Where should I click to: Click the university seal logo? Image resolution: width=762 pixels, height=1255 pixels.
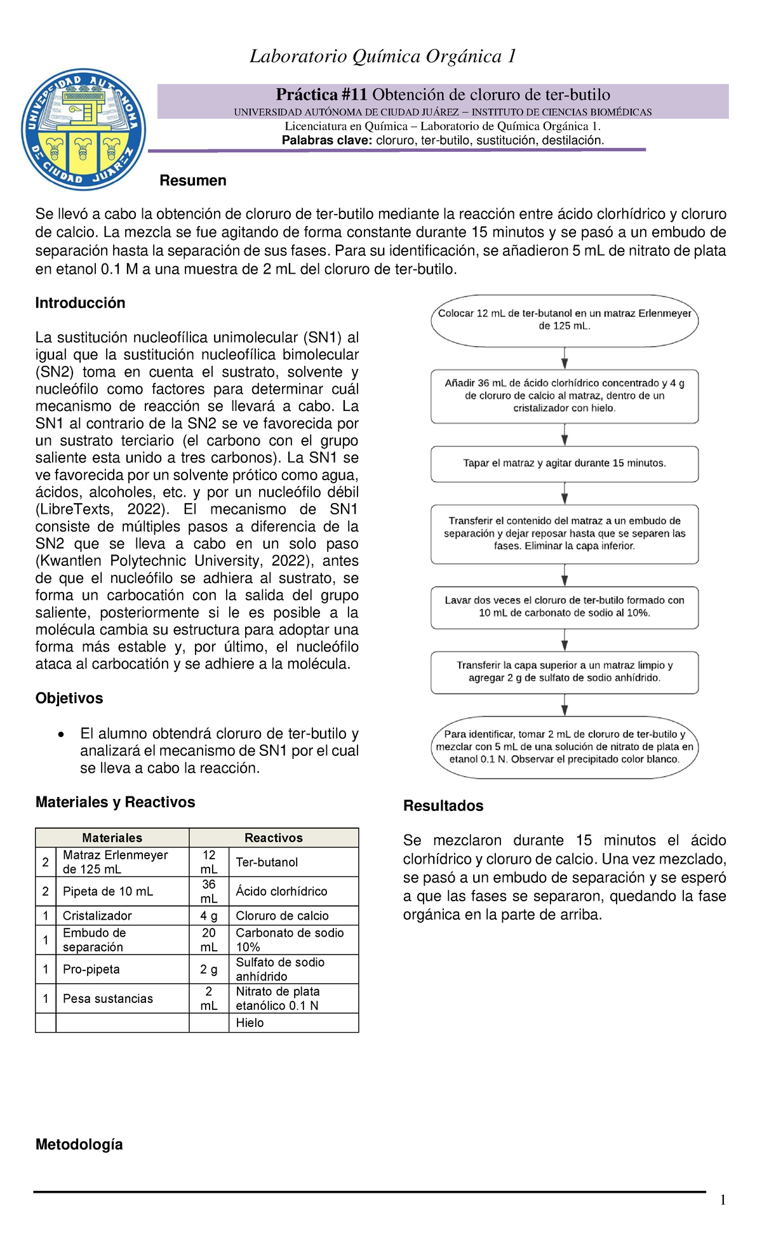84,129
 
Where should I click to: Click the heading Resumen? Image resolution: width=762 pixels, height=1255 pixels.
192,180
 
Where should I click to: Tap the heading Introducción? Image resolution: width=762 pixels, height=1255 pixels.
80,303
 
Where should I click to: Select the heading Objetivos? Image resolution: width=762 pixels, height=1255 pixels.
69,698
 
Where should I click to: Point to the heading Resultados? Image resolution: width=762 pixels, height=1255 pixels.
443,805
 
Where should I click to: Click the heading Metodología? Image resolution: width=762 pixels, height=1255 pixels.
79,1144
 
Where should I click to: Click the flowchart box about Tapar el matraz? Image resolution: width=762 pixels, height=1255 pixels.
564,464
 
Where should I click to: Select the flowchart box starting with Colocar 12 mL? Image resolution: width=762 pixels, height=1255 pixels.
564,319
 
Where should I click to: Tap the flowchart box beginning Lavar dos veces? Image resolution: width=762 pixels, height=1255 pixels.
564,607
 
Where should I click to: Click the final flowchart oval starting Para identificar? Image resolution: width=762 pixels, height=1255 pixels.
564,746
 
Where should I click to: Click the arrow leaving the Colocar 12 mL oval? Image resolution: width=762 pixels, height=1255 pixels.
565,358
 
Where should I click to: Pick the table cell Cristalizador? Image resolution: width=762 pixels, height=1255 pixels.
97,915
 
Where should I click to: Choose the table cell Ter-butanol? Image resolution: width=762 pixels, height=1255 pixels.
267,862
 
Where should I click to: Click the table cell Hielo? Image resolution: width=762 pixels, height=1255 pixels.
250,1023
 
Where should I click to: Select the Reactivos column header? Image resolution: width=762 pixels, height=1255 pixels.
273,838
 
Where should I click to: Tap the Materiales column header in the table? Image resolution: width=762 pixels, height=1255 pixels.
112,838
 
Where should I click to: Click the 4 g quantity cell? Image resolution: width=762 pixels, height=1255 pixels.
208,915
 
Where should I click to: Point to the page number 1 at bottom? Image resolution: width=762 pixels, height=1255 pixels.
723,1200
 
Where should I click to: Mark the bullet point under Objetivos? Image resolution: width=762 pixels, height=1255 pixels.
60,735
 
